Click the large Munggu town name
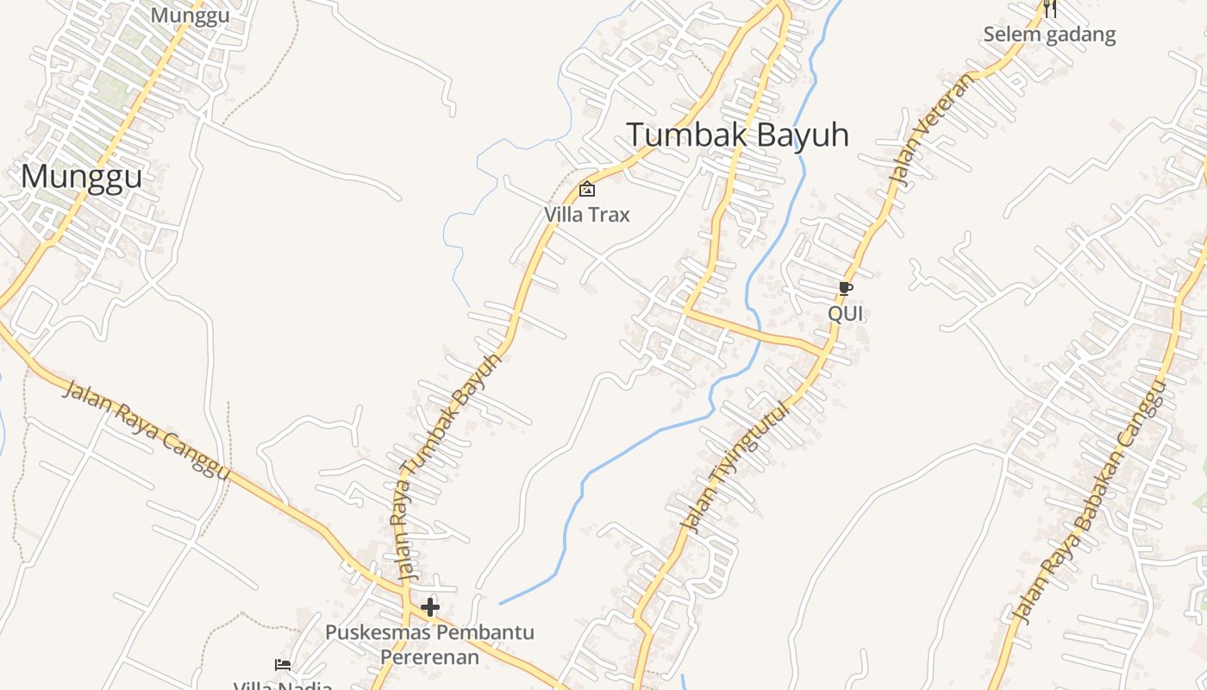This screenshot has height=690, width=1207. pos(81,177)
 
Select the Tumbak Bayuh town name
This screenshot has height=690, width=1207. pos(737,135)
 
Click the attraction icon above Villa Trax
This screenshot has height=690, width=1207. pos(587,189)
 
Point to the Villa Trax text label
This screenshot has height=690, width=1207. pos(587,214)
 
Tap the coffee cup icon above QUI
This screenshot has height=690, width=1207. pos(846,288)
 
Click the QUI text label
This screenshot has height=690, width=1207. pos(846,313)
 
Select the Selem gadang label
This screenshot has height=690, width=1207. pos(1049,34)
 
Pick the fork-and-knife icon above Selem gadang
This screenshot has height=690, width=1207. pos(1050,9)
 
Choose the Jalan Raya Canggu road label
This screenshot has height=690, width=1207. pos(147,430)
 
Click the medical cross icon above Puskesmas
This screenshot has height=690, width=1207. pos(429,607)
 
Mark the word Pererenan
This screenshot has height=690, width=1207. pos(429,657)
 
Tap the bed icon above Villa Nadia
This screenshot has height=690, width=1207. pos(283,664)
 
